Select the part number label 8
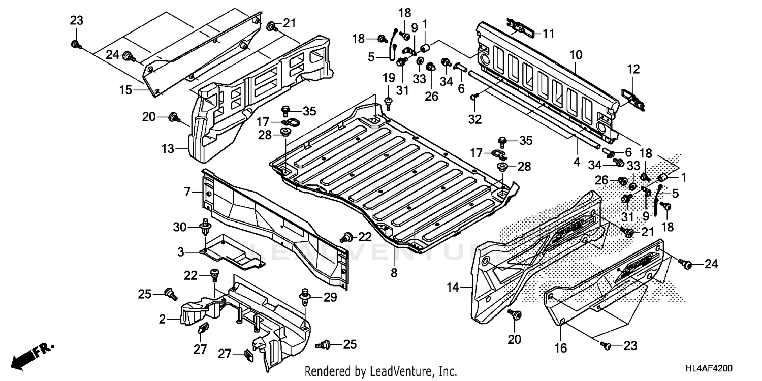pos(394,273)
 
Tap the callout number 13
pos(168,149)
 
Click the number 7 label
pos(187,192)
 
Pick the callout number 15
pos(125,90)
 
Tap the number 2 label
pos(162,319)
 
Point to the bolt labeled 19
pos(389,104)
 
